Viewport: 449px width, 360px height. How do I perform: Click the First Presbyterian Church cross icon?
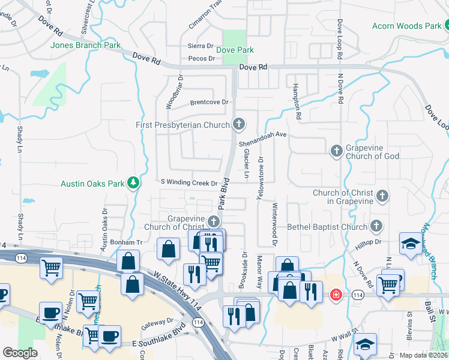[239, 125]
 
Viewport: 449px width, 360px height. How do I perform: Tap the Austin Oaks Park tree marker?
[133, 183]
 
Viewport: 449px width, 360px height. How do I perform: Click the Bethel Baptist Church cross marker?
[376, 226]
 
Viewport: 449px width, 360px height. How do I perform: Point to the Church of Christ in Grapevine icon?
[381, 196]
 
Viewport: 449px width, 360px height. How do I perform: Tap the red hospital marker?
[337, 295]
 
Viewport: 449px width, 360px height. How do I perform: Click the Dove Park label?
[235, 50]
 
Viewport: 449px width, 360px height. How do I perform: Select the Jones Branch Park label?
[86, 45]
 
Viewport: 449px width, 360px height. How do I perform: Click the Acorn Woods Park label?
[406, 26]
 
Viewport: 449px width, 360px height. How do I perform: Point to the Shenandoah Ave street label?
[263, 135]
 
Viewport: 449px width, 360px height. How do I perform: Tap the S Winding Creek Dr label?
[188, 182]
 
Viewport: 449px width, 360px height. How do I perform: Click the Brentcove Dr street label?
[209, 102]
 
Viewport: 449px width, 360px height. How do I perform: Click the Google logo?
[20, 352]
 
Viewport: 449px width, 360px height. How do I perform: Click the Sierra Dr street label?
[201, 46]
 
